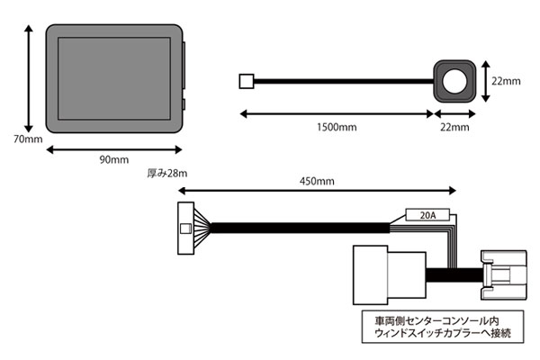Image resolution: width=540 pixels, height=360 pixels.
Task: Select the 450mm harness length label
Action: point(316,181)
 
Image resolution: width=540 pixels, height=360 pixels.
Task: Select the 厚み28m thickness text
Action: point(165,171)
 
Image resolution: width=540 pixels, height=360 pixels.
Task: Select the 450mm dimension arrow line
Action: point(316,192)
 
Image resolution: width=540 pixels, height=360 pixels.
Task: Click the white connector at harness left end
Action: point(186,227)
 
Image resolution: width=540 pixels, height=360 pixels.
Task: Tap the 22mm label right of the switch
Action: point(506,79)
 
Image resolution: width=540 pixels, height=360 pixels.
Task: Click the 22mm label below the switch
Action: point(454,128)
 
